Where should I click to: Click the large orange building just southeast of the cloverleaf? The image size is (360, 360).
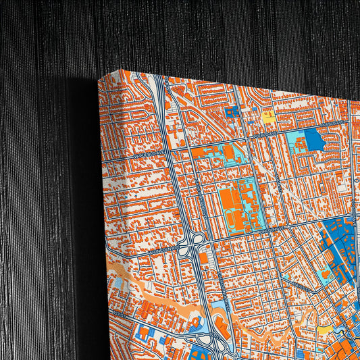(x=205, y=257)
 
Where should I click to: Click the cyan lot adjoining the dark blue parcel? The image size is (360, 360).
(x=294, y=141)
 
